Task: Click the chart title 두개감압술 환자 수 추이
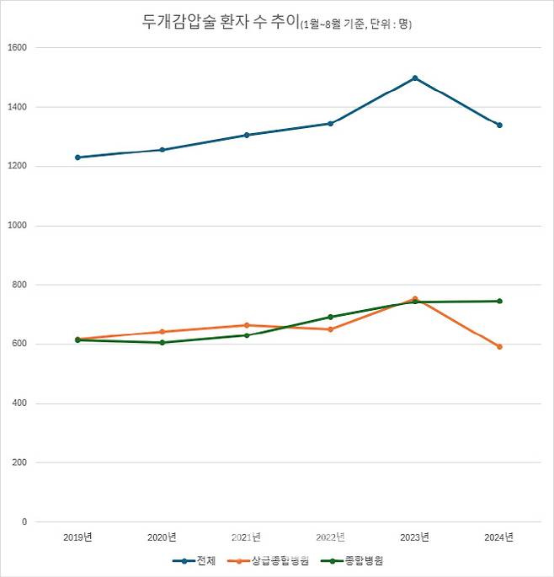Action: (221, 23)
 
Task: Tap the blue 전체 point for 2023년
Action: (415, 78)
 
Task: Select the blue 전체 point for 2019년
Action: (77, 158)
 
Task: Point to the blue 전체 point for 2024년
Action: (499, 126)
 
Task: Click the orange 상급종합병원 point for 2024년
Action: (499, 346)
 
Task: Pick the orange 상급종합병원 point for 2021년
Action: (247, 325)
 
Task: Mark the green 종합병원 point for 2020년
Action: (162, 343)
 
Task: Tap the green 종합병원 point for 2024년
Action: (499, 301)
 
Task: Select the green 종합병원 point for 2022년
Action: (331, 317)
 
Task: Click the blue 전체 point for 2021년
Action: (247, 135)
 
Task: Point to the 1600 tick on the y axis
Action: (18, 48)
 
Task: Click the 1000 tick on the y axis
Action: (18, 226)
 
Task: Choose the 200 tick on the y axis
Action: (20, 462)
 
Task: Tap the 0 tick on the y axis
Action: (24, 522)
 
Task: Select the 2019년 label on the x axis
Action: (77, 537)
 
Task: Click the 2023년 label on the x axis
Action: (415, 537)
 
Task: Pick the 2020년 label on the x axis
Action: (162, 537)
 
